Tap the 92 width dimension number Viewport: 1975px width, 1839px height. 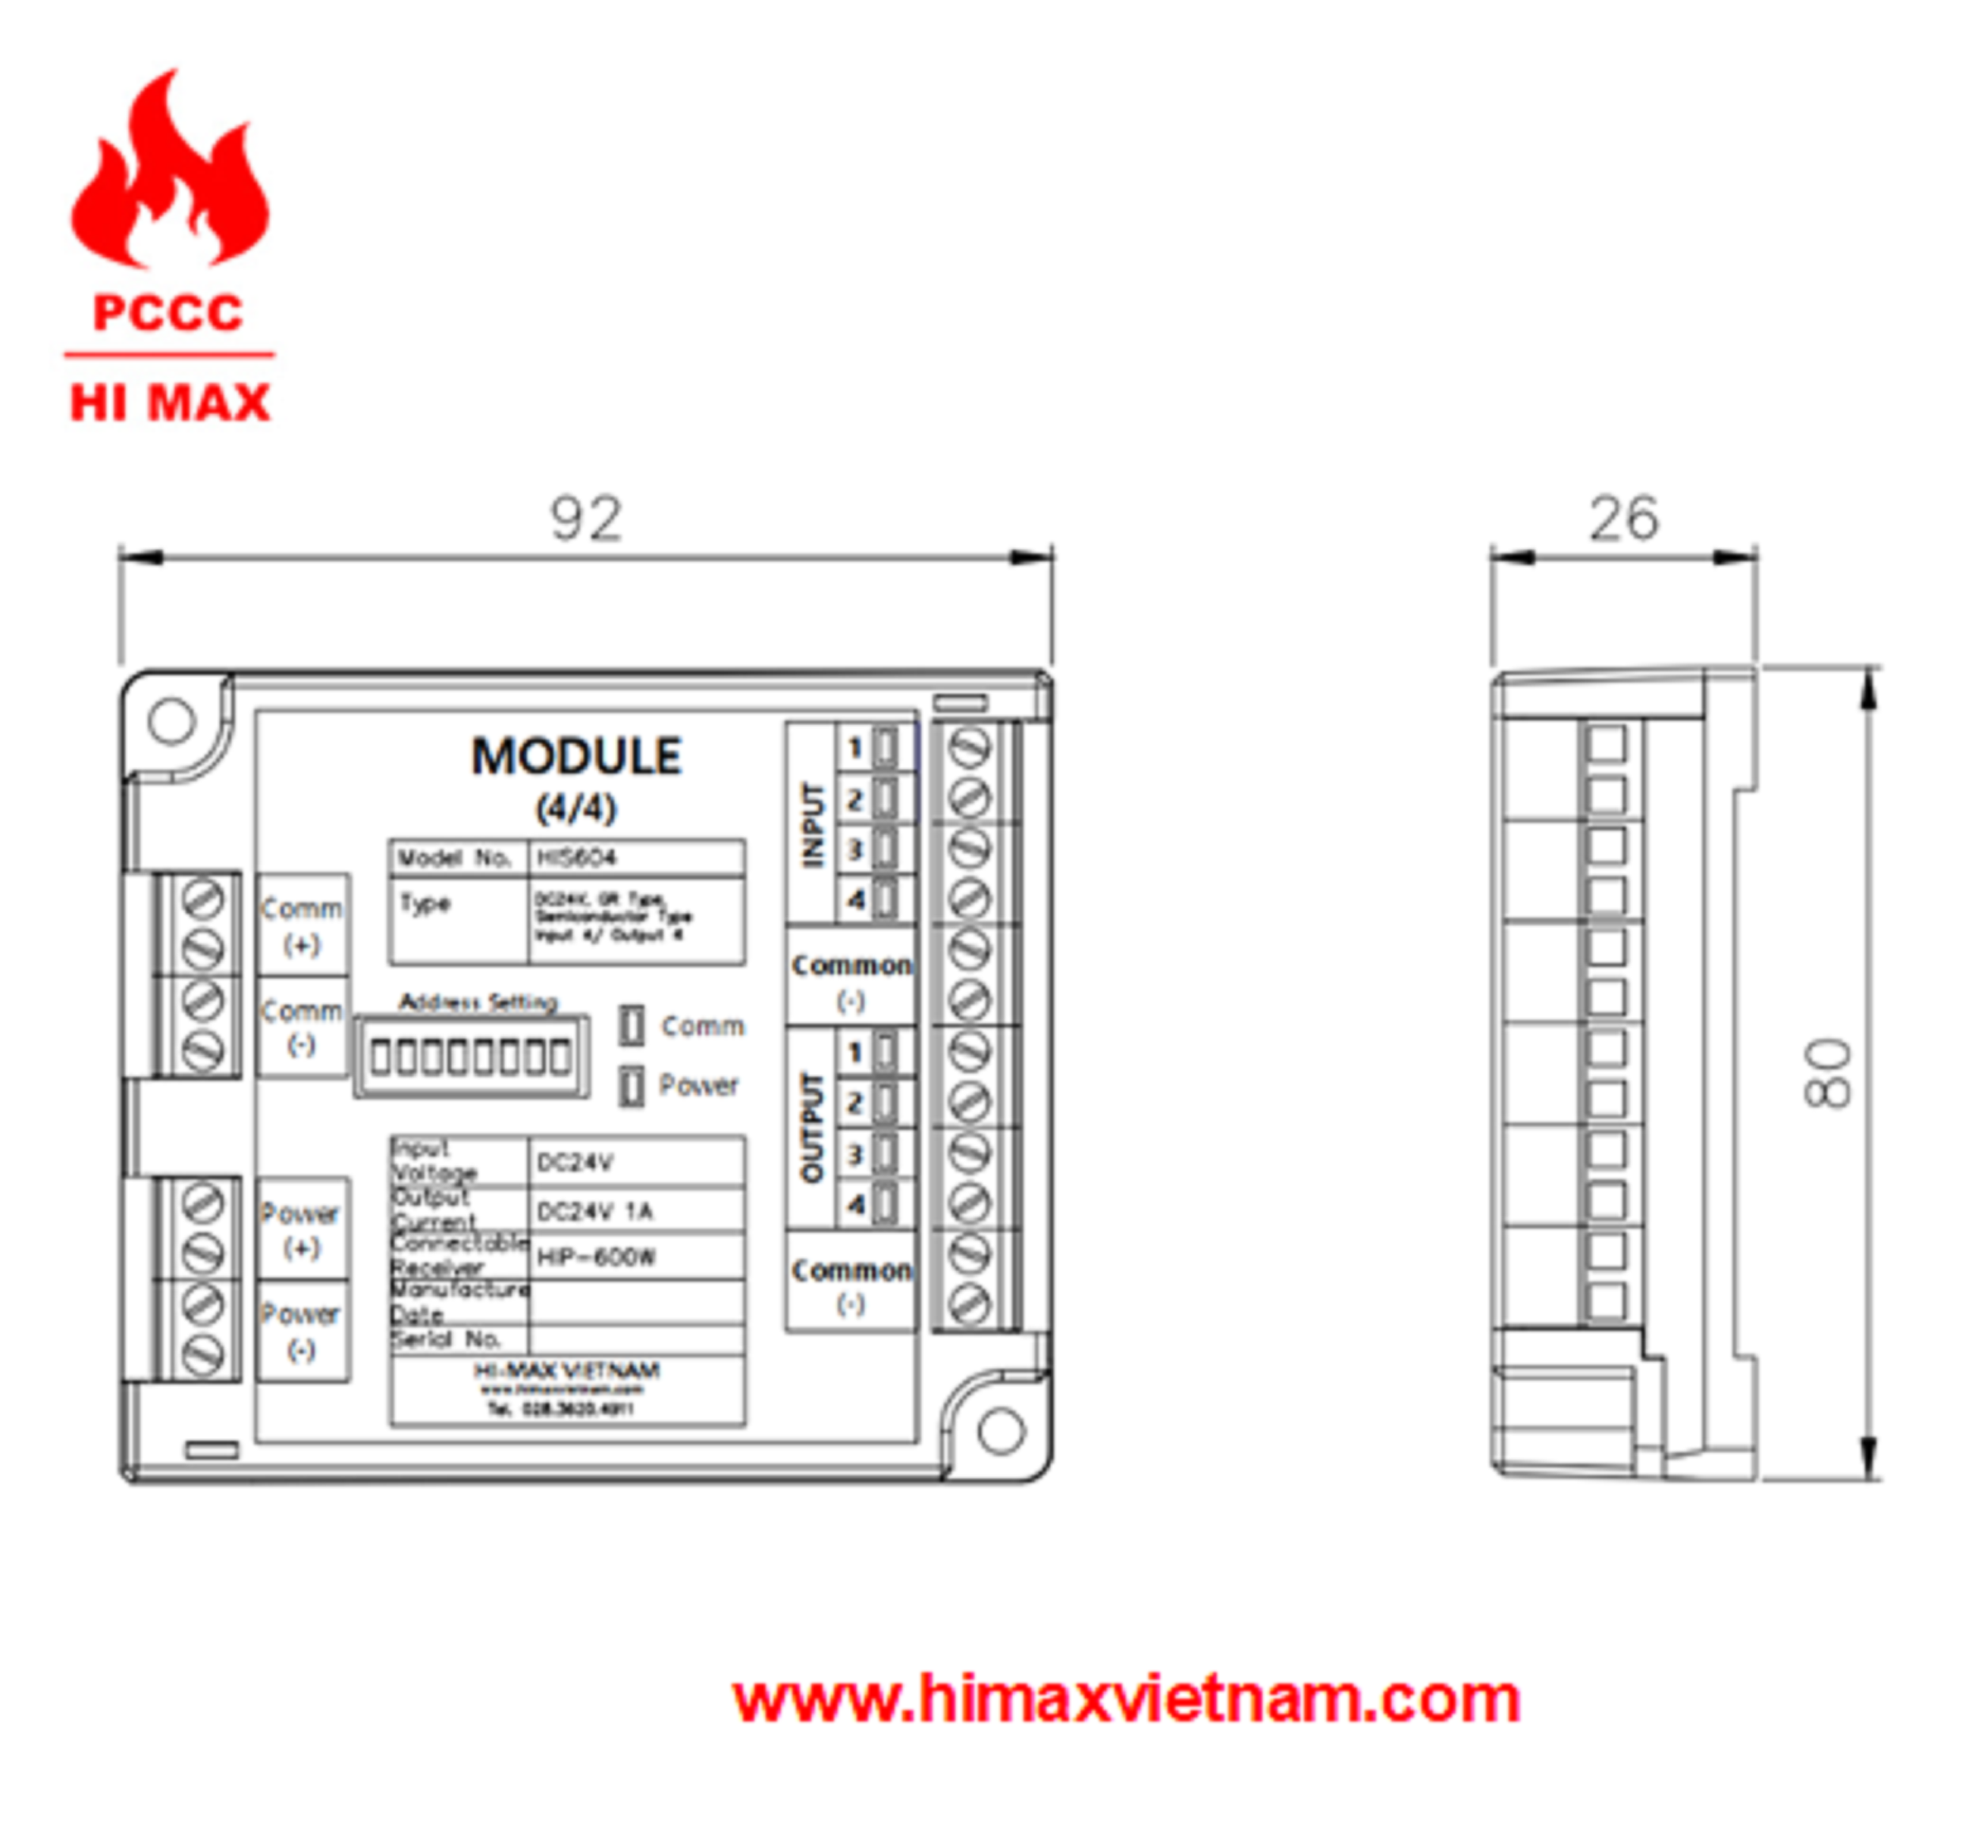pyautogui.click(x=586, y=519)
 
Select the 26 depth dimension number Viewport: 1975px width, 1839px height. pyautogui.click(x=1623, y=519)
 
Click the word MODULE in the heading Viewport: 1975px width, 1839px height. pyautogui.click(x=576, y=757)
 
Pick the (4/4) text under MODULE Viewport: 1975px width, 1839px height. pyautogui.click(x=576, y=808)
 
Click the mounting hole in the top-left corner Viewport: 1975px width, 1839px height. pyautogui.click(x=171, y=720)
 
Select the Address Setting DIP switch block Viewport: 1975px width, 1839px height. pyautogui.click(x=471, y=1057)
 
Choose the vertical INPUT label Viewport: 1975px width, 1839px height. pyautogui.click(x=813, y=824)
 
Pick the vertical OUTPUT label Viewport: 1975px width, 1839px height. pyautogui.click(x=813, y=1128)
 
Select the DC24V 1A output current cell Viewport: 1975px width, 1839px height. pyautogui.click(x=636, y=1211)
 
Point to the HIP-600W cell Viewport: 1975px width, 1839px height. pyautogui.click(x=636, y=1258)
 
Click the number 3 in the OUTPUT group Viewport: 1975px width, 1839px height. pyautogui.click(x=854, y=1154)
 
